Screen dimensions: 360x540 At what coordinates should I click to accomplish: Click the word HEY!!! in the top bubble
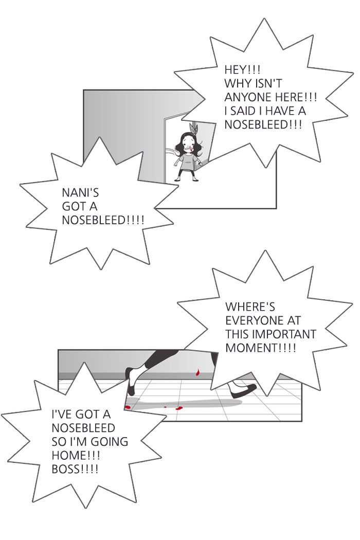coord(242,69)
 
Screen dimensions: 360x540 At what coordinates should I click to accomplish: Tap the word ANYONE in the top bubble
coord(245,97)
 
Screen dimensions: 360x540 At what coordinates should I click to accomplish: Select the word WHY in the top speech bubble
coord(236,83)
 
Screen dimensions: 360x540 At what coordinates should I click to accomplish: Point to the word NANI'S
coord(80,192)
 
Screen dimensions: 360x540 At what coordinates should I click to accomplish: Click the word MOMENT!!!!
coord(260,348)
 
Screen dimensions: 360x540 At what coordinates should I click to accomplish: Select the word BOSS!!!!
coord(75,469)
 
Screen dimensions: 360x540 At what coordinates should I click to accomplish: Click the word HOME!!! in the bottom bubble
coord(76,455)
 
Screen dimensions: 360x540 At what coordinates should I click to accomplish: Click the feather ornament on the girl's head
coord(194,129)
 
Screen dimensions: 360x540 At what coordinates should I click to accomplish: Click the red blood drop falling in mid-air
coord(197,372)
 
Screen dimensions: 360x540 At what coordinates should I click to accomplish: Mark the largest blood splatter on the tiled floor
coord(179,408)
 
